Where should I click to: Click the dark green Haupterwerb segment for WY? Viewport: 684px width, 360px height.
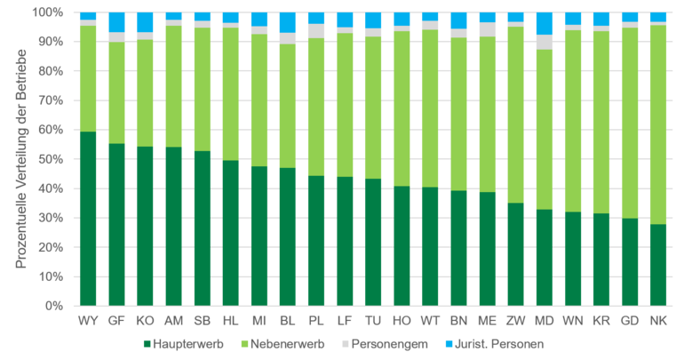(88, 219)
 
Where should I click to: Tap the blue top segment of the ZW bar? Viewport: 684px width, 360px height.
(514, 17)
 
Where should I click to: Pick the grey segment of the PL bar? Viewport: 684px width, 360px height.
(315, 31)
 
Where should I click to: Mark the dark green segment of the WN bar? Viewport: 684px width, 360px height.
(572, 259)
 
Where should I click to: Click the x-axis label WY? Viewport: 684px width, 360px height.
(88, 319)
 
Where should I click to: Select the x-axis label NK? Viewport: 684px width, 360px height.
(657, 319)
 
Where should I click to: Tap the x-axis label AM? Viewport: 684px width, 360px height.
(173, 319)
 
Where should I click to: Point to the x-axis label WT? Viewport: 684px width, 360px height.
(429, 319)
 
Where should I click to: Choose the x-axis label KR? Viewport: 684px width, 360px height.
(600, 319)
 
